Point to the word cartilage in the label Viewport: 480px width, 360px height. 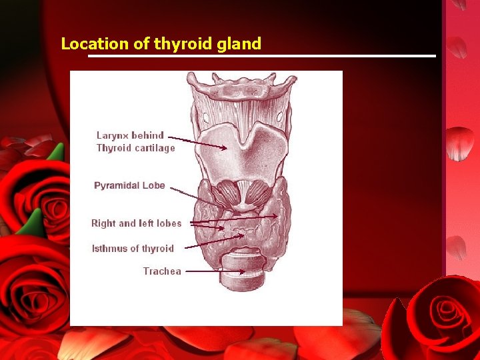point(155,148)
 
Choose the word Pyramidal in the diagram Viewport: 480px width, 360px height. point(117,185)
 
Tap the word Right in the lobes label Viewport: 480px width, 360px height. point(104,223)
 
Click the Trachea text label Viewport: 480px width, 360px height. point(162,271)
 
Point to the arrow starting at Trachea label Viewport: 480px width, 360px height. point(213,271)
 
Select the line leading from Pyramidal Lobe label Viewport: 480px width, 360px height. point(190,195)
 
